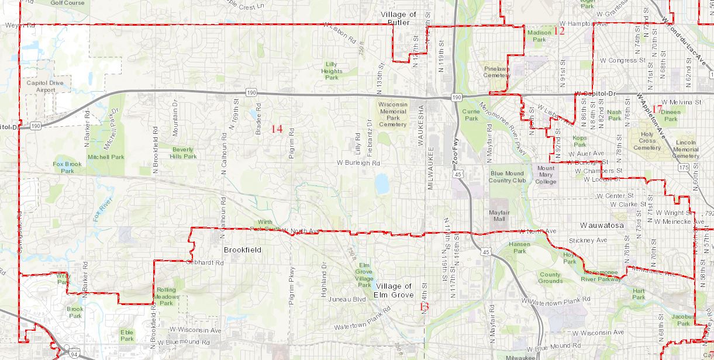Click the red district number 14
[277, 129]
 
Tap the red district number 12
[559, 31]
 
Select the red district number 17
[657, 109]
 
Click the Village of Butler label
[398, 18]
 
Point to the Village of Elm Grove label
[394, 290]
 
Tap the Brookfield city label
[242, 250]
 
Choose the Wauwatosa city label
[602, 225]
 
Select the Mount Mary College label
[546, 175]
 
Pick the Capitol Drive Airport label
[44, 86]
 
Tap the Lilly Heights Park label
[332, 70]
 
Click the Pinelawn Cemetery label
[497, 72]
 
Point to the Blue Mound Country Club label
[508, 177]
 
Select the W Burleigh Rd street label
[359, 163]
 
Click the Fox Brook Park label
[67, 168]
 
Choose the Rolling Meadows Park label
[167, 296]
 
